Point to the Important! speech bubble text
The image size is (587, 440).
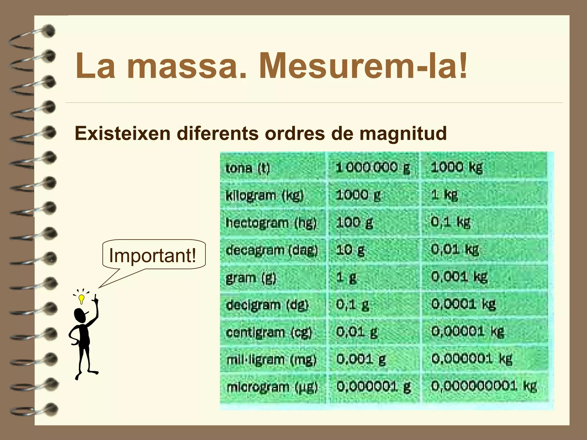[152, 255]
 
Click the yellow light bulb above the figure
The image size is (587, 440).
[82, 299]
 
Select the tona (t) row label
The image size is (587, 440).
[248, 168]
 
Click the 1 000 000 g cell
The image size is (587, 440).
[373, 167]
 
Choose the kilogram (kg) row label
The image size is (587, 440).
[264, 195]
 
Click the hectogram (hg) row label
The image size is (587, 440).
[271, 223]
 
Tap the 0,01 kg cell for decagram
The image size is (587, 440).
[455, 250]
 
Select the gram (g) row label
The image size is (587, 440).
[251, 278]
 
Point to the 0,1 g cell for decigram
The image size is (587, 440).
[353, 305]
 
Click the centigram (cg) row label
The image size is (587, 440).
[269, 332]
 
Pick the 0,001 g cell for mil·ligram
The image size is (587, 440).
[361, 359]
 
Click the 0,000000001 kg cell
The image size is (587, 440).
[484, 386]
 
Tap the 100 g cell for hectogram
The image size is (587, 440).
[355, 223]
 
